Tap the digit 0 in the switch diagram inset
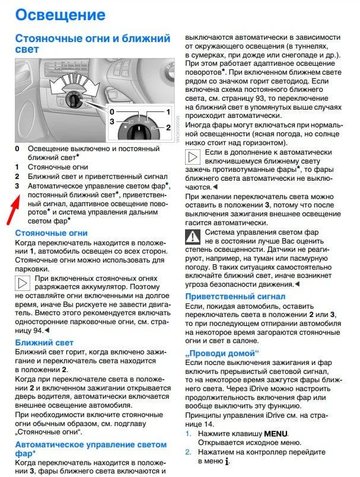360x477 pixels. click(x=111, y=111)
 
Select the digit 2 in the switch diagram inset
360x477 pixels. click(x=168, y=127)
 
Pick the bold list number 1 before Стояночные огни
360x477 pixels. click(x=17, y=167)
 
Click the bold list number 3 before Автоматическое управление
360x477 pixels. click(x=17, y=186)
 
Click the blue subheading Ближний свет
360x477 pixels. click(x=44, y=342)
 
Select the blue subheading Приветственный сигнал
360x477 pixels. click(x=235, y=296)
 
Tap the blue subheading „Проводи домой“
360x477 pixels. click(x=222, y=353)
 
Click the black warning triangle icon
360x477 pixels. click(x=193, y=238)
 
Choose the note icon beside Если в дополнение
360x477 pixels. click(x=193, y=157)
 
